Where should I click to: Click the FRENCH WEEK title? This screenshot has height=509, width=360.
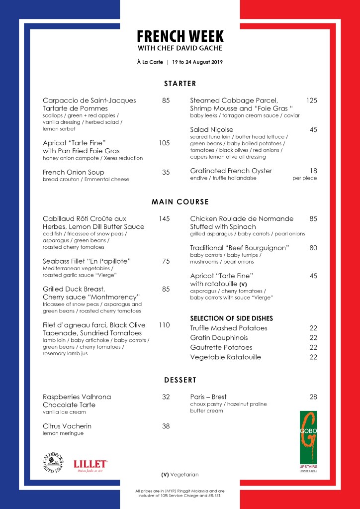click(180, 36)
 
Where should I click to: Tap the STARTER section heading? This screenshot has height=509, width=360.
click(180, 84)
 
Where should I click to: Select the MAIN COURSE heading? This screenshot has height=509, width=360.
click(180, 202)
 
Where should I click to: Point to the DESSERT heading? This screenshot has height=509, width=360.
click(180, 380)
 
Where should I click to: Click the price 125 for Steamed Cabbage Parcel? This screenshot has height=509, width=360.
click(311, 101)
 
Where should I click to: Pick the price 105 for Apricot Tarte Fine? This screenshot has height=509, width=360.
click(164, 143)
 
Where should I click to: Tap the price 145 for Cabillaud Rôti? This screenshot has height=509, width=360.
click(164, 218)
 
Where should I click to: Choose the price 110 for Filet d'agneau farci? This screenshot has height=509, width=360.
click(164, 325)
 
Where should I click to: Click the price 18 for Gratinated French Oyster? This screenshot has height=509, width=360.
click(313, 171)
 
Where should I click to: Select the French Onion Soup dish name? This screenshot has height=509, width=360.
click(74, 172)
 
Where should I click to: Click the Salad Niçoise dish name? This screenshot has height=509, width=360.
click(212, 130)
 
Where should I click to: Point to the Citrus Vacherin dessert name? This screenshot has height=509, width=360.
click(67, 426)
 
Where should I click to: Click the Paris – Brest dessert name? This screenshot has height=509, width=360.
click(208, 397)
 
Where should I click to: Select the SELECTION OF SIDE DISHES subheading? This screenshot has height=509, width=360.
click(232, 318)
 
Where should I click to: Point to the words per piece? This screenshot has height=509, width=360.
click(304, 178)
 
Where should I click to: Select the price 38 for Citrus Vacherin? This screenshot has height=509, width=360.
click(166, 426)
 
